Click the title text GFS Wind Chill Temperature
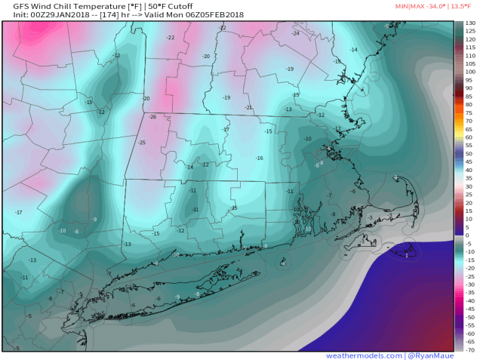(63, 6)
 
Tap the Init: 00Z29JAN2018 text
(39, 15)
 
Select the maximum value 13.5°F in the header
(463, 6)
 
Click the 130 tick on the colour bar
(470, 24)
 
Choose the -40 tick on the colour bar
(469, 300)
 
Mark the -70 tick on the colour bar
(469, 349)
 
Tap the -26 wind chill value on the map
(152, 117)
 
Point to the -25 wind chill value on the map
(141, 143)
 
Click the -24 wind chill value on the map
(296, 33)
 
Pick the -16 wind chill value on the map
(259, 158)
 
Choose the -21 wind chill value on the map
(249, 108)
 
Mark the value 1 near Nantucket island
(407, 256)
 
